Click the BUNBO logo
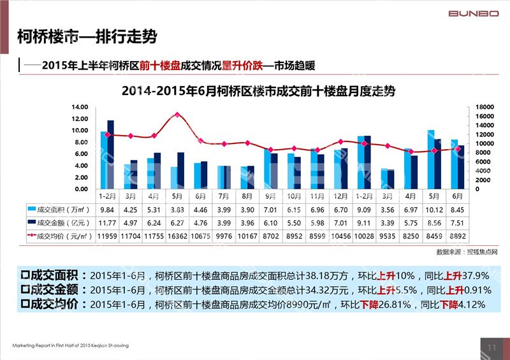(474, 13)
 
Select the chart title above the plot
(258, 91)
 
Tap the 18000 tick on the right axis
(485, 107)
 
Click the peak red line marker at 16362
(177, 115)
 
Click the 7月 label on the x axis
(224, 196)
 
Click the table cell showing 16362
(177, 236)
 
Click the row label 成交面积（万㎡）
(61, 208)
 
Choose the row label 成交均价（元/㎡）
(61, 236)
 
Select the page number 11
(491, 347)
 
